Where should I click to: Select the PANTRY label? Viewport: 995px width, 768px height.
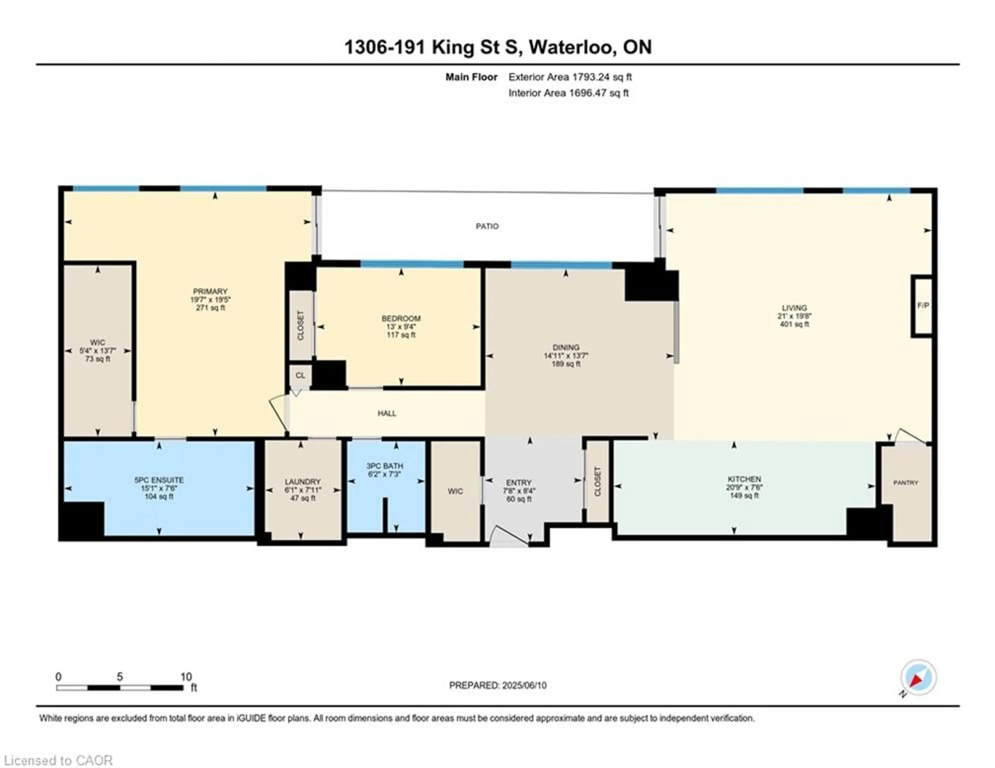(x=906, y=483)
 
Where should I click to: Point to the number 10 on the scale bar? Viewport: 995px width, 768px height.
(x=186, y=677)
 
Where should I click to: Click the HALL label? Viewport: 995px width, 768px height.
(x=387, y=414)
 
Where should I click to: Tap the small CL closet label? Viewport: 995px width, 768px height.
(x=300, y=375)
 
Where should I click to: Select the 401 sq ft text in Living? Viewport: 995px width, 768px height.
(x=794, y=324)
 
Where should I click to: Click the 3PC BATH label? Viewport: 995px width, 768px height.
(x=385, y=466)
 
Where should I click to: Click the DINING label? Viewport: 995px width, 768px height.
(x=566, y=347)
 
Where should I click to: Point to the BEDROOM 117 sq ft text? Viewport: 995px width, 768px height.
(x=401, y=335)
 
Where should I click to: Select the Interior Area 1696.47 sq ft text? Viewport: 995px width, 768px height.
(x=568, y=93)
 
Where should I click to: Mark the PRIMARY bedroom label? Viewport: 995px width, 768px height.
(x=210, y=291)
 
